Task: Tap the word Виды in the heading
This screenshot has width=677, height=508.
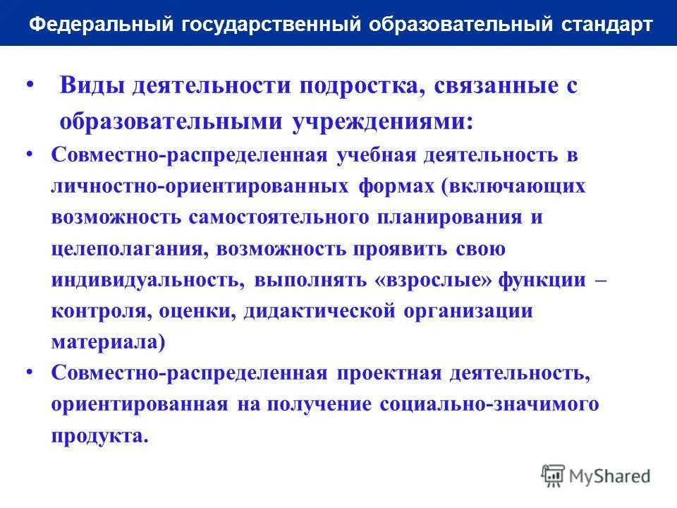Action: [91, 87]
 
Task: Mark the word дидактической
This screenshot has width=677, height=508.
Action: [318, 311]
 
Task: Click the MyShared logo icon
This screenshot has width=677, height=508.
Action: [554, 476]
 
